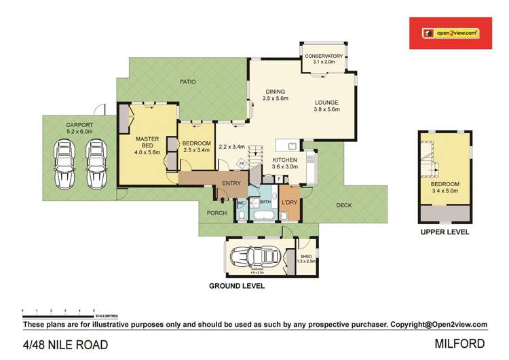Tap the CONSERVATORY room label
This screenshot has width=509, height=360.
tap(324, 56)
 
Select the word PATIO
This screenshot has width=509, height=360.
tap(187, 82)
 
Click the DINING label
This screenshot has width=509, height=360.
tap(275, 92)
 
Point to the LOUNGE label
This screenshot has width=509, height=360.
tap(326, 103)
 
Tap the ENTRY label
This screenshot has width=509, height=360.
tap(231, 183)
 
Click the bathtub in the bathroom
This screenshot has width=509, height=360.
tap(263, 216)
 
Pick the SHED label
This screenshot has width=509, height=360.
tap(306, 256)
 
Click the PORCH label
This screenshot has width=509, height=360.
tap(216, 213)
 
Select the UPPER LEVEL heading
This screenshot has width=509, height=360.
tap(445, 232)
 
